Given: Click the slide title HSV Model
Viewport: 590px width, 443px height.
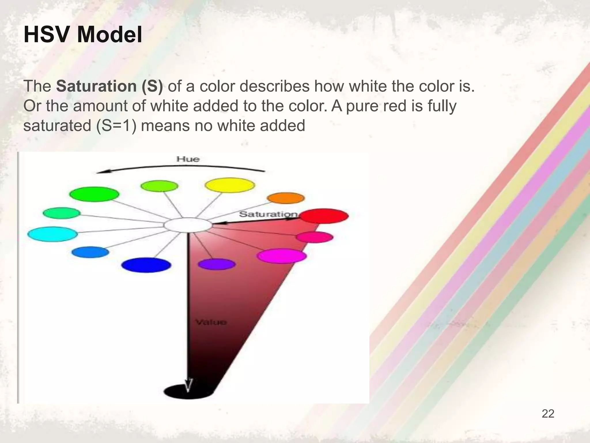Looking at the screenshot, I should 83,35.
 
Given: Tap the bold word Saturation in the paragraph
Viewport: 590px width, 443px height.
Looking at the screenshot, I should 96,86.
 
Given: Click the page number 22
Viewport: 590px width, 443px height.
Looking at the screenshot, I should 548,414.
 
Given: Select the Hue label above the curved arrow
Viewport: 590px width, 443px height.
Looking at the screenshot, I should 188,159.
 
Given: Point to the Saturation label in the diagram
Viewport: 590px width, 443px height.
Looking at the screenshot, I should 268,214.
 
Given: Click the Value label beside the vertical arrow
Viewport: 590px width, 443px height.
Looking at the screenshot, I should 211,322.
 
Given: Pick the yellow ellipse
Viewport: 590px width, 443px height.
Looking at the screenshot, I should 230,185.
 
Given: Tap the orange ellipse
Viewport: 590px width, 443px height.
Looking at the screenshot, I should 285,198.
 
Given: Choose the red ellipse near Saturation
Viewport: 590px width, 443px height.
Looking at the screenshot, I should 324,216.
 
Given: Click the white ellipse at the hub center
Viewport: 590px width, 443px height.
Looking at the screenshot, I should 188,225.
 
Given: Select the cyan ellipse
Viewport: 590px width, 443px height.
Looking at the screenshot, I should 52,234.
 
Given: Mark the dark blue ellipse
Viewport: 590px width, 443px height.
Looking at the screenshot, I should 146,265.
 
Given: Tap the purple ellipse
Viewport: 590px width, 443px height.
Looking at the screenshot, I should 217,264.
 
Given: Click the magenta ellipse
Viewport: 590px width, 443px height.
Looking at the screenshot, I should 281,256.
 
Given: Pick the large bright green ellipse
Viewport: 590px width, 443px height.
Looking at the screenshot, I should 94,194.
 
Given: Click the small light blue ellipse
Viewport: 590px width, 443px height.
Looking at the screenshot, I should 90,252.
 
